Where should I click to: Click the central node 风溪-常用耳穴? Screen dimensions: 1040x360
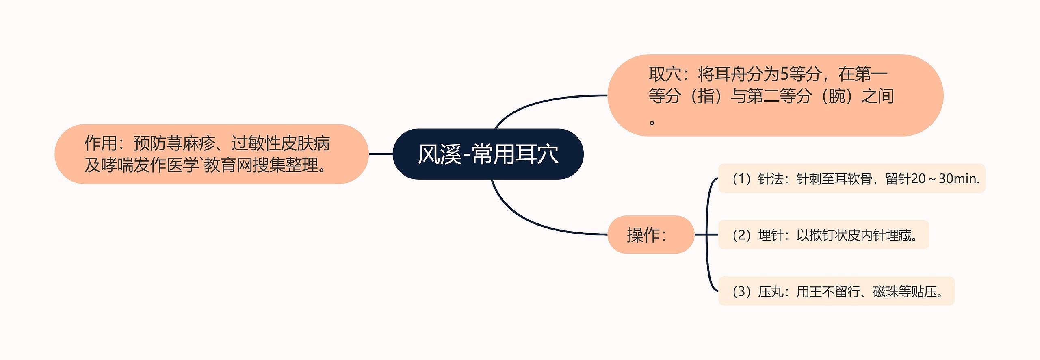pyautogui.click(x=488, y=154)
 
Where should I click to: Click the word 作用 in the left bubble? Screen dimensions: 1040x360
pyautogui.click(x=101, y=143)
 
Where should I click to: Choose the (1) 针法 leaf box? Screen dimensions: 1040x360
pyautogui.click(x=851, y=178)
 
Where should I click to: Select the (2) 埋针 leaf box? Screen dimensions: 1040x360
pyautogui.click(x=823, y=235)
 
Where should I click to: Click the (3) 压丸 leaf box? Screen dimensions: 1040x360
pyautogui.click(x=836, y=291)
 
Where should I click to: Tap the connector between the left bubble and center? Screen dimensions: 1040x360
pyautogui.click(x=381, y=154)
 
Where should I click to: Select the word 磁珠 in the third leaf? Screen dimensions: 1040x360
pyautogui.click(x=886, y=291)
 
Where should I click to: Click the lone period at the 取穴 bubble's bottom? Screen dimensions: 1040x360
pyautogui.click(x=652, y=122)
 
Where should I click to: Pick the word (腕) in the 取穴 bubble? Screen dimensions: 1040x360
pyautogui.click(x=836, y=96)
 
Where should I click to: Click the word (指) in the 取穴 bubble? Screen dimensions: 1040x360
pyautogui.click(x=706, y=96)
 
